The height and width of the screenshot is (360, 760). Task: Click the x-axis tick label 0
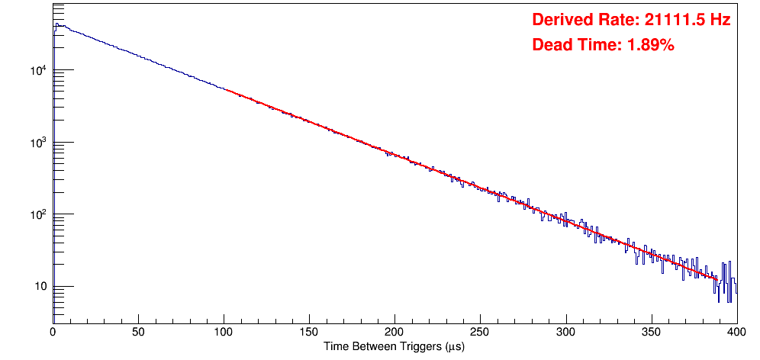(x=53, y=332)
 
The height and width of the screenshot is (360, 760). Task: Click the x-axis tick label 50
(x=138, y=332)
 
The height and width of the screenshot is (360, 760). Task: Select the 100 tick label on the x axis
(x=224, y=332)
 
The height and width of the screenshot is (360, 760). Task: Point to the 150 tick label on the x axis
(x=309, y=332)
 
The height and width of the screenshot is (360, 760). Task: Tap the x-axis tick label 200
(x=394, y=332)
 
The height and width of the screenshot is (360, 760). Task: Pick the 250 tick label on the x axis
(x=480, y=332)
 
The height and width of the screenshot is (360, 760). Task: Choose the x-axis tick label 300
(x=565, y=332)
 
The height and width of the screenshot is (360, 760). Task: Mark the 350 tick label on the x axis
(x=651, y=332)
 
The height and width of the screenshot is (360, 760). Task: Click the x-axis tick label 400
(x=736, y=332)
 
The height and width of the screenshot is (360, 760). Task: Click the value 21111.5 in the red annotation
(x=671, y=20)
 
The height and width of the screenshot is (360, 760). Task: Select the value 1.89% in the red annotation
(x=650, y=45)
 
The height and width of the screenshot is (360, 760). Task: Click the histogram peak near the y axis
(x=56, y=24)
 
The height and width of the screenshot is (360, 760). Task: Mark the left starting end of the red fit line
(x=224, y=89)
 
